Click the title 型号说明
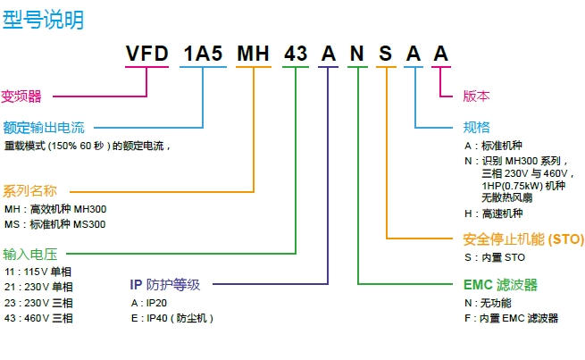click(x=44, y=19)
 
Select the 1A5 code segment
click(x=203, y=54)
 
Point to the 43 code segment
click(x=296, y=54)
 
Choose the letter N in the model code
click(x=357, y=54)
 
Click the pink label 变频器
click(x=22, y=96)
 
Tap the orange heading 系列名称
click(x=29, y=190)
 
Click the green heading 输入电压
click(x=29, y=254)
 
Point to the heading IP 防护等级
click(x=165, y=285)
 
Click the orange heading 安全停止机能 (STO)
click(x=523, y=239)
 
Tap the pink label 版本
click(x=476, y=96)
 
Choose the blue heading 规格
click(x=476, y=127)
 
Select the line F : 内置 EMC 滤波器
click(x=510, y=318)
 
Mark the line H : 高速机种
click(x=493, y=213)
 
